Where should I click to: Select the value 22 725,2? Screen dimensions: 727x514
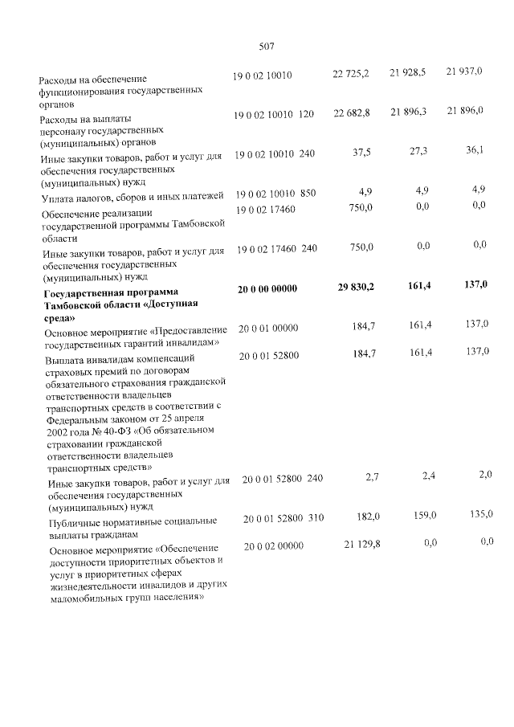(x=351, y=75)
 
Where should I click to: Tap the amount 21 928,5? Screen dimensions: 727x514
(x=407, y=74)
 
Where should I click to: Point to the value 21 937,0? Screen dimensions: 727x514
(x=464, y=72)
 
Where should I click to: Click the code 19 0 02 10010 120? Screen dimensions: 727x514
(x=273, y=116)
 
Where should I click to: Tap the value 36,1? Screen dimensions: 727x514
(x=477, y=150)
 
